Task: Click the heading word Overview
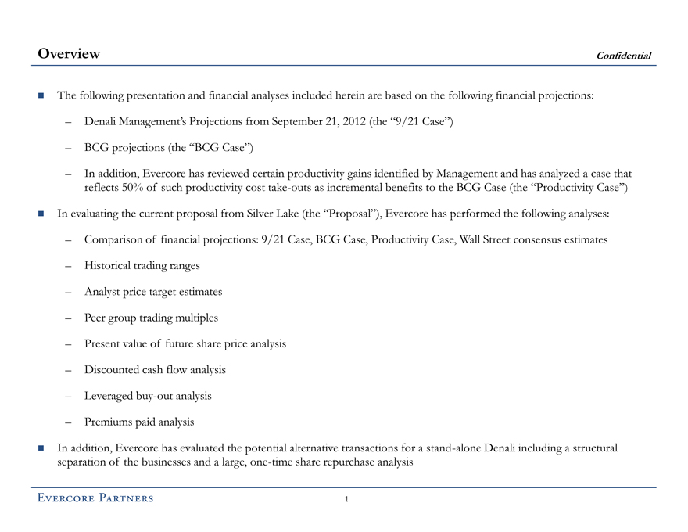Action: pos(69,54)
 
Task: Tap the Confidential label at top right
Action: pos(623,56)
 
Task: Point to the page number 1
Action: pos(346,499)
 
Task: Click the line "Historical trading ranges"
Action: pos(142,265)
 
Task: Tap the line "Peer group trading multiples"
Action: pos(151,318)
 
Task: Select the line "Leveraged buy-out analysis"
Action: pos(148,396)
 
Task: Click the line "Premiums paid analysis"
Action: pos(138,422)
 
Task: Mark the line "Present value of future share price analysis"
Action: pos(185,343)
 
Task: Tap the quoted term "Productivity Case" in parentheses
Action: pos(575,188)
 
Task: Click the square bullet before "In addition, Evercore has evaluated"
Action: pos(41,448)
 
